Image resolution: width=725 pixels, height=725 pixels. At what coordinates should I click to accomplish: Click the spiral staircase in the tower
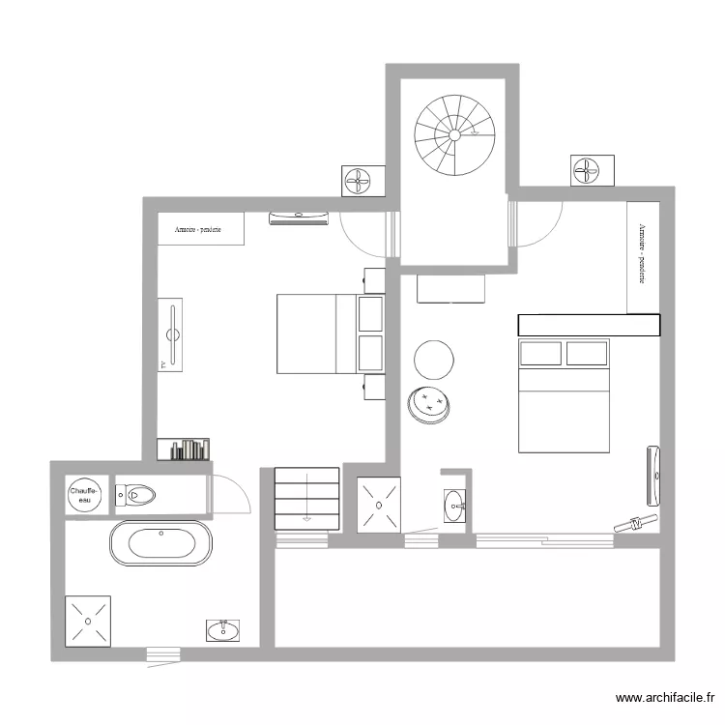(x=454, y=135)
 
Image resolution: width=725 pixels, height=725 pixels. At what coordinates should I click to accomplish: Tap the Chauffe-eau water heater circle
(x=84, y=495)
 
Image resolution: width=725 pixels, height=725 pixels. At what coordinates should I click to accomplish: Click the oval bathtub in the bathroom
(x=159, y=543)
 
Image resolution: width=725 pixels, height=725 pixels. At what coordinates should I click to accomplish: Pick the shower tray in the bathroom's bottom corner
(x=89, y=621)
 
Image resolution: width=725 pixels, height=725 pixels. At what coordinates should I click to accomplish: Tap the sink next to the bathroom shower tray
(x=224, y=630)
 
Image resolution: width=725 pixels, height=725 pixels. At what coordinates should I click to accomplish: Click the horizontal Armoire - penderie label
(x=200, y=230)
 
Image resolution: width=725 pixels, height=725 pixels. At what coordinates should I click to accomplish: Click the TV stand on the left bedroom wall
(x=172, y=334)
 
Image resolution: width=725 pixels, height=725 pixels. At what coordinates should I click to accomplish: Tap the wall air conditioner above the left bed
(x=299, y=217)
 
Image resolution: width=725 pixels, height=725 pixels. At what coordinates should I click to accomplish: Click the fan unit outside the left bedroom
(x=358, y=180)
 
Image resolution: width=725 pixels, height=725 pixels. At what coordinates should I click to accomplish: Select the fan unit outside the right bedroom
(x=586, y=170)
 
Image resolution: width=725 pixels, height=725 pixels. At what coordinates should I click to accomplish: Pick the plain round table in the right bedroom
(x=434, y=359)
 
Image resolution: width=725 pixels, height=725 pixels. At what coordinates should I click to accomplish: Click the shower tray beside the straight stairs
(x=377, y=504)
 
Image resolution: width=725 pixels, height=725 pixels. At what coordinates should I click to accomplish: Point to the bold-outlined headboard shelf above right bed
(x=589, y=326)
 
